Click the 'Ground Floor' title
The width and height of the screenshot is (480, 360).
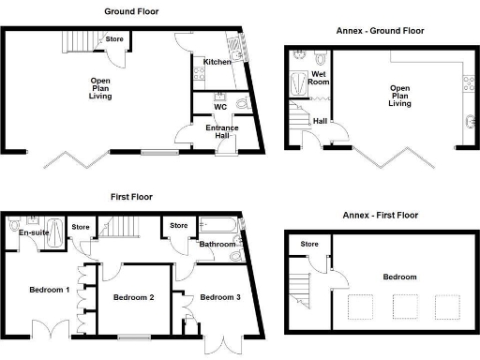pos(130,12)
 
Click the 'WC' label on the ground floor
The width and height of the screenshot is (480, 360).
pos(220,106)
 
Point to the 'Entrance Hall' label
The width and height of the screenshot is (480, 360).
pos(221,131)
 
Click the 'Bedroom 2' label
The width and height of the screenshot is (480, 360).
pos(133,298)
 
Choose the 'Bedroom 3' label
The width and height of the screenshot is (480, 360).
pos(221,298)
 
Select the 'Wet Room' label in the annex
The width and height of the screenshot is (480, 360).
pos(319,77)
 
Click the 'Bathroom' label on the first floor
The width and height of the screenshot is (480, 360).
pos(217,245)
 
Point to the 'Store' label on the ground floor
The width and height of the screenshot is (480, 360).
pos(114,39)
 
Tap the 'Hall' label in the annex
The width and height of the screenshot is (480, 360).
pos(320,120)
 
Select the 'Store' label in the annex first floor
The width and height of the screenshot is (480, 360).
pos(309,245)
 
